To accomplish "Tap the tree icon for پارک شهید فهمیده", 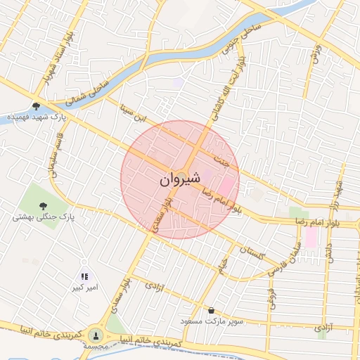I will point(36,106).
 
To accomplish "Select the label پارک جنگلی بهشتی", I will point(43,217).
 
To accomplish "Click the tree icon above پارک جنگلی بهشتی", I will point(44,205).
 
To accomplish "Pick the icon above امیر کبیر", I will point(84,277).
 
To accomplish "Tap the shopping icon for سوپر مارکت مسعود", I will point(211,310).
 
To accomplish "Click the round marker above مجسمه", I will point(96,335).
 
